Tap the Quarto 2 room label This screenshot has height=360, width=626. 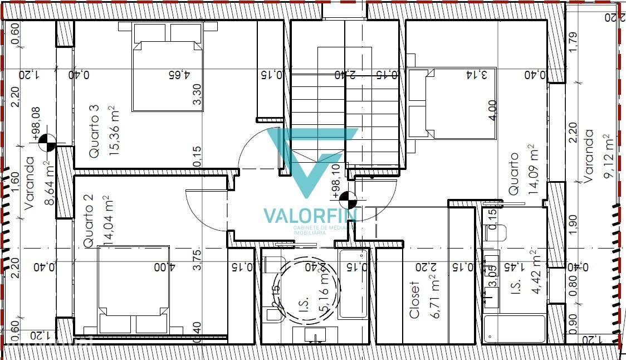coord(88,221)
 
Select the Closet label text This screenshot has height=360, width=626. coord(415,299)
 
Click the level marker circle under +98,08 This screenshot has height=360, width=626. coord(47,143)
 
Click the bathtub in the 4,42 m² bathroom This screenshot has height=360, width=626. coord(514,329)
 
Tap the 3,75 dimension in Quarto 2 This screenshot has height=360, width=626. coord(197,257)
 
